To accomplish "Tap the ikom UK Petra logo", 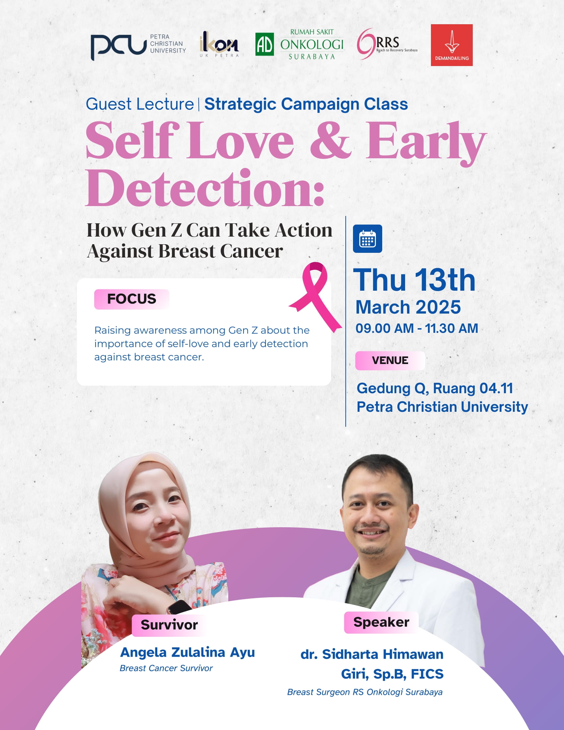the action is click(219, 44).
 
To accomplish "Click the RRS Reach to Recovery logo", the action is click(387, 44).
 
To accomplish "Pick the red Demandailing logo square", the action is click(452, 45).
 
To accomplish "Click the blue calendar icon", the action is click(368, 239).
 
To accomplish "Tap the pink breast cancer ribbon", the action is click(316, 297).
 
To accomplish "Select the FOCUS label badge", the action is click(132, 299).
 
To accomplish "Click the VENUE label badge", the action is click(390, 360).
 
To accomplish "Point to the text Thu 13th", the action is click(414, 280).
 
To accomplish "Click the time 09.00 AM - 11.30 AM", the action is click(417, 328).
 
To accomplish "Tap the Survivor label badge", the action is click(169, 625).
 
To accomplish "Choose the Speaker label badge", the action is click(381, 622).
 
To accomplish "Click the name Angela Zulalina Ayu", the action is click(187, 652).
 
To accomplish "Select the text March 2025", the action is click(408, 307).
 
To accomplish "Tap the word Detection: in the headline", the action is click(205, 188).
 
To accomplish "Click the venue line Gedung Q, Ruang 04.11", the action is click(435, 389).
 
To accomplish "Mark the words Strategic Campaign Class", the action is click(306, 104).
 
